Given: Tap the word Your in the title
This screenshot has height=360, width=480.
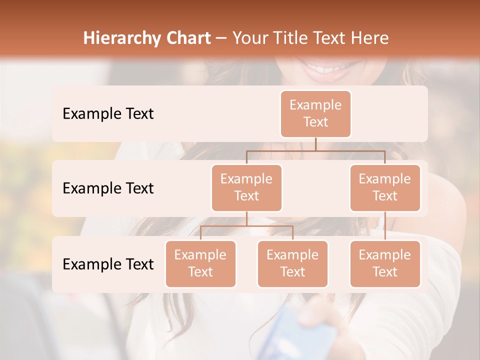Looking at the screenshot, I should tap(250, 38).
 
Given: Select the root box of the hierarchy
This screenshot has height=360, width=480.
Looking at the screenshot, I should tap(315, 114).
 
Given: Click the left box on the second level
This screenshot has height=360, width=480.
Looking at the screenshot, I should tap(246, 188).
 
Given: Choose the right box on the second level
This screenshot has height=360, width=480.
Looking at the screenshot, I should tap(385, 188).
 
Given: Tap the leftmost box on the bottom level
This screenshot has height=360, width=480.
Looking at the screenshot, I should tap(200, 264).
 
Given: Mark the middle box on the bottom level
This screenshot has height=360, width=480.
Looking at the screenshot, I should tap(292, 264).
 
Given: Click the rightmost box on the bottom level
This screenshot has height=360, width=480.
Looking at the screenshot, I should tap(385, 264).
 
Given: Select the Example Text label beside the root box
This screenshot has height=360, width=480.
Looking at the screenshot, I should tap(108, 114).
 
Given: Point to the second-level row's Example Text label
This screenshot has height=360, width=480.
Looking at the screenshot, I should tap(108, 188).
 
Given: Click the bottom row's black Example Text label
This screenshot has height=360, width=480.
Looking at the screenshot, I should tap(108, 264).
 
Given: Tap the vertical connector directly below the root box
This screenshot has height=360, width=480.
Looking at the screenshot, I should tap(315, 144).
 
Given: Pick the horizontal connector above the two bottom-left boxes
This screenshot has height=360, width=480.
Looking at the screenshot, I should tap(246, 226).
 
